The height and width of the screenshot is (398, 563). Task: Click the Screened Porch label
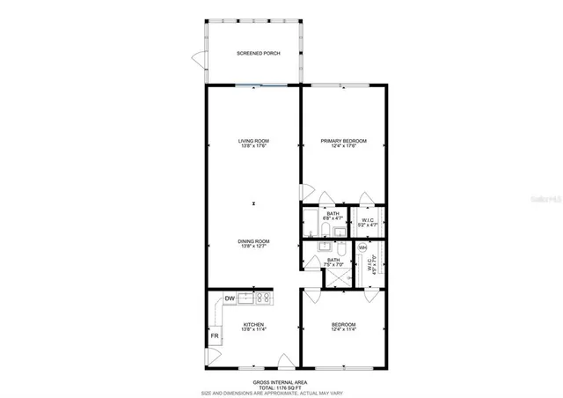253,54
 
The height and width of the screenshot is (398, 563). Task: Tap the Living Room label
253,141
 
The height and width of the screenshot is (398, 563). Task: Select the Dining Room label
253,241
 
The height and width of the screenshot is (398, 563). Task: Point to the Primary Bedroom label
343,141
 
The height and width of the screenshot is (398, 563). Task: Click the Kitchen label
253,325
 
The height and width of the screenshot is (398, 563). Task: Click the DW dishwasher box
229,298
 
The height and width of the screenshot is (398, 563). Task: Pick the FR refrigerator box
214,336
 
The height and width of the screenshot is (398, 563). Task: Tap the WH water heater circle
362,248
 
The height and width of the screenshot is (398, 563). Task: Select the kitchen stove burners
261,298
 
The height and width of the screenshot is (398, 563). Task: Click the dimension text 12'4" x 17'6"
343,146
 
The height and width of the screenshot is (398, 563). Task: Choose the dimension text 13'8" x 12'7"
253,247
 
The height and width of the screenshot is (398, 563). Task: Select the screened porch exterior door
198,60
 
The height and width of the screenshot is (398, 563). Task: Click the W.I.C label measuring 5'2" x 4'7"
367,220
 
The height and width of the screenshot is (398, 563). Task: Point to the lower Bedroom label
343,325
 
